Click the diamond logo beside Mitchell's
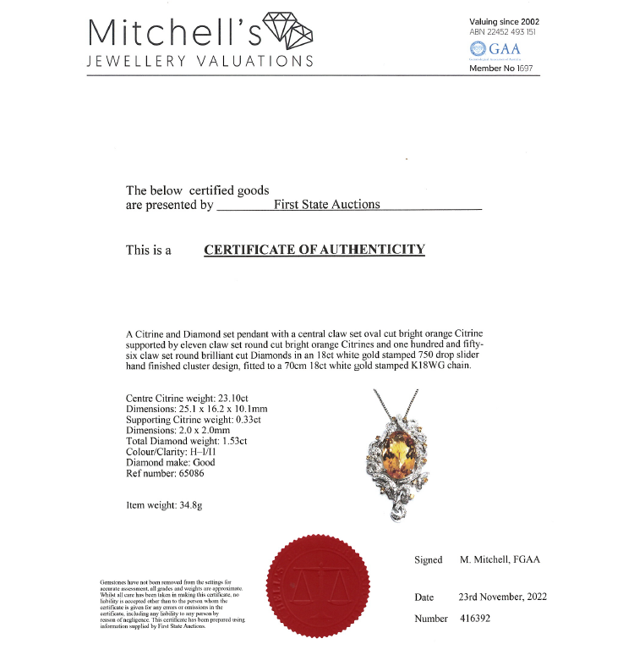(288, 32)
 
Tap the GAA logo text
(505, 49)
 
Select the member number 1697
(522, 68)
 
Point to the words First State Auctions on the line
(327, 204)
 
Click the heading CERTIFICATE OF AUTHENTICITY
(314, 250)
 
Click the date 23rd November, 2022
(502, 597)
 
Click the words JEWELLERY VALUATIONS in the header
(200, 62)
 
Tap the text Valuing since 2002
(504, 21)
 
